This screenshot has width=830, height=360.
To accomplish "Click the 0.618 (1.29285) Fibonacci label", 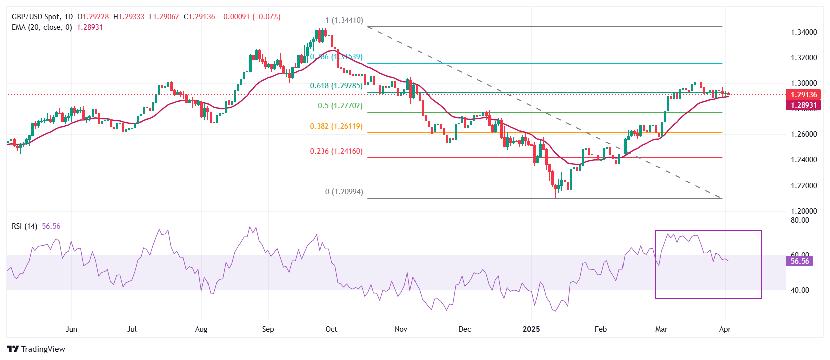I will tap(336, 86).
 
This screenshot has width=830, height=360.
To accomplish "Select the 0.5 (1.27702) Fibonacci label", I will tap(340, 106).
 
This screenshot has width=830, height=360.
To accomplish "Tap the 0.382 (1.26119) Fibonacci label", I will tap(336, 126).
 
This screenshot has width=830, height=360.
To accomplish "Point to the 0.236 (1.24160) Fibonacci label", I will tap(336, 151).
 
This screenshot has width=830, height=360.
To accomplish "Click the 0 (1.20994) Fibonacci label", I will tap(344, 192).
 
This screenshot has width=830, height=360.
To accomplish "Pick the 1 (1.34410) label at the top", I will tap(344, 21).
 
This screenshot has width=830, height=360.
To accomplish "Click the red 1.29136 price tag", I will tap(803, 94).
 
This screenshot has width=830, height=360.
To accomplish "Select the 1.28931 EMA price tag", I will tap(803, 105).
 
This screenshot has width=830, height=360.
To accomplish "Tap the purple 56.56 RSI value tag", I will tap(799, 261).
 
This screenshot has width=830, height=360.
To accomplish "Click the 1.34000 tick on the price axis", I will tap(804, 32).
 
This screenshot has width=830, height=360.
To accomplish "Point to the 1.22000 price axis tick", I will tap(804, 186).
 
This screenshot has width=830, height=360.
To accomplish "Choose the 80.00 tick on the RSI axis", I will tap(800, 220).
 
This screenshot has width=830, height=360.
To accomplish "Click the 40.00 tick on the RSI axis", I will tap(800, 290).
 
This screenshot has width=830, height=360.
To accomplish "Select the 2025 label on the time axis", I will tap(531, 329).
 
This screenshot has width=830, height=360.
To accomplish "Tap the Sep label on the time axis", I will tap(268, 329).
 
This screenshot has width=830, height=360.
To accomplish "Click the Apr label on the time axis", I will tap(725, 329).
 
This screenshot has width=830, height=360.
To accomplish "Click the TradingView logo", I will tap(36, 349).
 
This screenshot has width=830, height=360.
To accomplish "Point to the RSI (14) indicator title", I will tap(24, 226).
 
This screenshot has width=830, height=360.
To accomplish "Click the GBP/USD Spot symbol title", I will tap(35, 17).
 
